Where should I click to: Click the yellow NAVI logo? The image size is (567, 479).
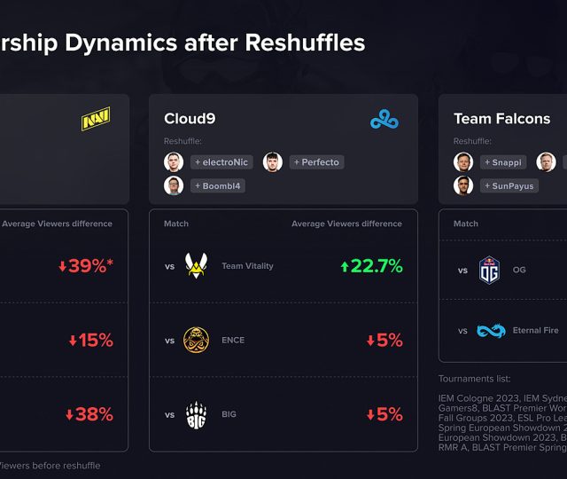pos(96,120)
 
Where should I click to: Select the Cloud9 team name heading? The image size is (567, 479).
pos(190,119)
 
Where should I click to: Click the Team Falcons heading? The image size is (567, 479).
pos(501,119)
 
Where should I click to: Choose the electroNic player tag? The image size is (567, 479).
pos(221,162)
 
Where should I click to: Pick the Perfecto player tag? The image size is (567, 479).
pos(315,162)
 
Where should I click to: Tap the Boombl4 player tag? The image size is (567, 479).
pos(217,186)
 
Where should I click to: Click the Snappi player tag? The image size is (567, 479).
pos(504,162)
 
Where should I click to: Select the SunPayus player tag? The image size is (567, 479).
pos(509,186)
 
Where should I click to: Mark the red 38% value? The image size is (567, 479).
pos(89,414)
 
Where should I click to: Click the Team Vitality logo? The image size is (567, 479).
pos(197,266)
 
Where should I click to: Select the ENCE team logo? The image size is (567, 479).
pos(197,340)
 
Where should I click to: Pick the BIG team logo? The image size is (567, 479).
pos(197,414)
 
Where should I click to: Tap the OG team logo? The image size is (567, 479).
pos(490,270)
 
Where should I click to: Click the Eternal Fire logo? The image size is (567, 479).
pos(492,331)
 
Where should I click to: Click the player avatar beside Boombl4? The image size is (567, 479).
pos(174,185)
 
